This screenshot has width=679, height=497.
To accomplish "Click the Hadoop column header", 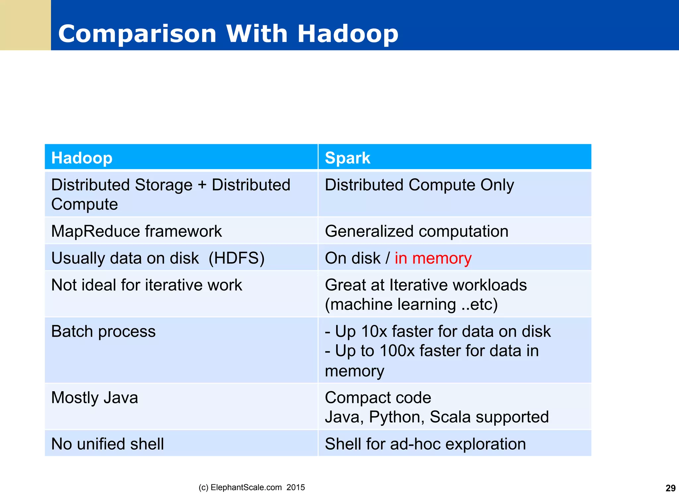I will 82,158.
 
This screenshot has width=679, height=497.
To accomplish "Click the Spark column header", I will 347,158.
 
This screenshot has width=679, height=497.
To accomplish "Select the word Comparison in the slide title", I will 137,34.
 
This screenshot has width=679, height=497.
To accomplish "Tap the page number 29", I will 670,488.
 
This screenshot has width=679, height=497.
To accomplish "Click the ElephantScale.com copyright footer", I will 252,487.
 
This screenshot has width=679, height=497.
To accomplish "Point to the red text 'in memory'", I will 433,258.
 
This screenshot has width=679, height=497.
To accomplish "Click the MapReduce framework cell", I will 137,231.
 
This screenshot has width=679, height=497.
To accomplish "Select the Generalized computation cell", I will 416,231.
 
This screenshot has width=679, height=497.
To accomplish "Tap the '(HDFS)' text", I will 236,258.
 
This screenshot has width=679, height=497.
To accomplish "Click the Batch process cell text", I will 103,331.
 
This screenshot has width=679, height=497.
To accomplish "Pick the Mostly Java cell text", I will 94,397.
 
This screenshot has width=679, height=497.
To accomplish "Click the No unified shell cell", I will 107,444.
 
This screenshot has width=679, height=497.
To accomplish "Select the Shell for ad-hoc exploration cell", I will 425,444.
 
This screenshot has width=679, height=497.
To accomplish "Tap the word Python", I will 397,417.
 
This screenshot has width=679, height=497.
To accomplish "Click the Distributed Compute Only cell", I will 419,185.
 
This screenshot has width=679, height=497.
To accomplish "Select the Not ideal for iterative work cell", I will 147,285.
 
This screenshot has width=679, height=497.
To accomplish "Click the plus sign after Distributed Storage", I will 202,185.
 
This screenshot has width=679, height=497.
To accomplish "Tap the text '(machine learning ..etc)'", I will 411,304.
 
